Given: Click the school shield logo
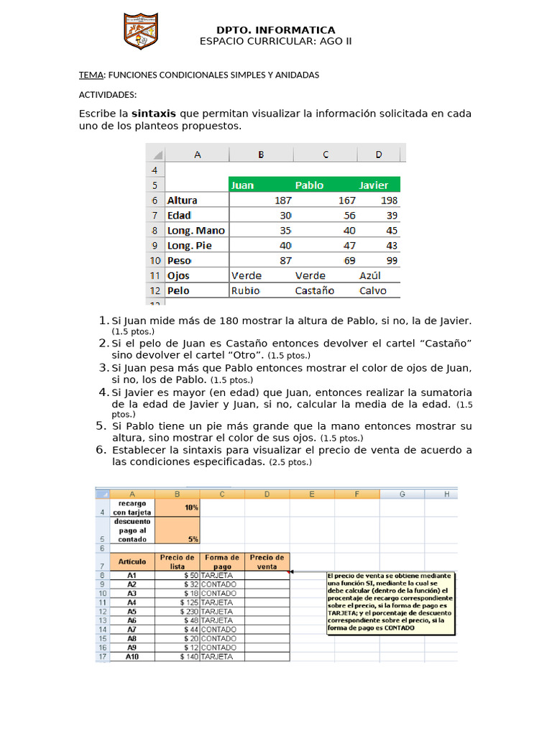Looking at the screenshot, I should (141, 32).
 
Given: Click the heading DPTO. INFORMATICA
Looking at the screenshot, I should (275, 29).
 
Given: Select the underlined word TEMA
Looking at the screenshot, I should (91, 75).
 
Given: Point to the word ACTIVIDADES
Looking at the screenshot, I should (107, 95).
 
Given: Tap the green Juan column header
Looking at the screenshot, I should (243, 185).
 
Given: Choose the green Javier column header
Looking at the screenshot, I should (374, 185).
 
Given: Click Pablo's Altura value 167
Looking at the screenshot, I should (346, 201).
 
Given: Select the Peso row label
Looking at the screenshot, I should (179, 260).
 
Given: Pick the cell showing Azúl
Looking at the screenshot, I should (370, 275).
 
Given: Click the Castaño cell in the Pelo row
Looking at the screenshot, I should (315, 291).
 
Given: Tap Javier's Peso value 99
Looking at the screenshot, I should (391, 260).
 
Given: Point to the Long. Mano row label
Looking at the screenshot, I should (195, 231).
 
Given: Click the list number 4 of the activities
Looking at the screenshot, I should (102, 392).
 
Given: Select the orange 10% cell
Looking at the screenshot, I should (177, 507).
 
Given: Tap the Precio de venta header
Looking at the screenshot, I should (267, 561).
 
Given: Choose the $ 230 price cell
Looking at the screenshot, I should (177, 611).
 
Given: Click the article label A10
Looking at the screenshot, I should (132, 657).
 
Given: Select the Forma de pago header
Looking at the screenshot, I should (221, 561).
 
